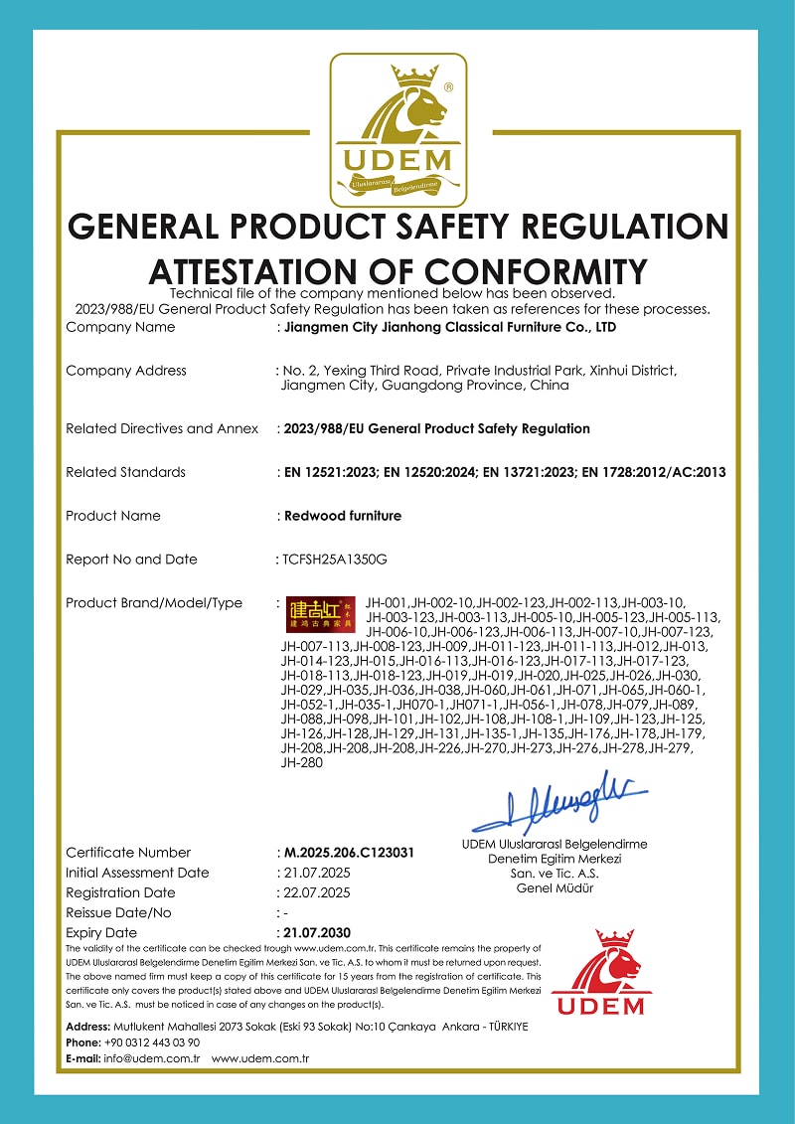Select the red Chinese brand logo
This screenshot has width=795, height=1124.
[x=313, y=615]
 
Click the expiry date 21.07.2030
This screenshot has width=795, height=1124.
[x=317, y=933]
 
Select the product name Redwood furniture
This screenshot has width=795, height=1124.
[x=343, y=516]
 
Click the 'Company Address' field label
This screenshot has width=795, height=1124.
[x=125, y=371]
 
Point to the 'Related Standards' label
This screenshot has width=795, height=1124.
[x=125, y=472]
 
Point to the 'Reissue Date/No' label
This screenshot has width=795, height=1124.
[x=118, y=912]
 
